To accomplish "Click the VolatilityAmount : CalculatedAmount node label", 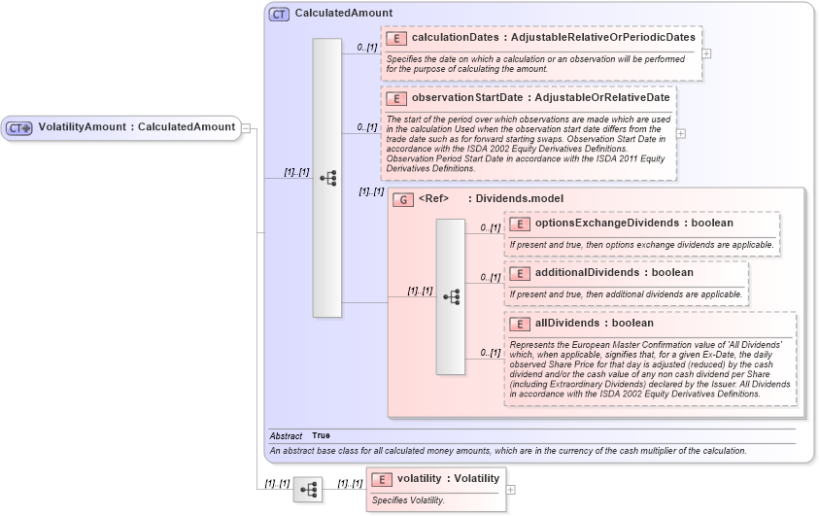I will click(136, 126).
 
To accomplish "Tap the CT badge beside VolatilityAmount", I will click(20, 127).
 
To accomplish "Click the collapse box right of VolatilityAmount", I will click(247, 127).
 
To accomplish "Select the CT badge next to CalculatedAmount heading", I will click(280, 15).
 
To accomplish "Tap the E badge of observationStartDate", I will click(395, 98).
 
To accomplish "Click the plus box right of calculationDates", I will click(706, 53).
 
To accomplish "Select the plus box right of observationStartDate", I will click(681, 134).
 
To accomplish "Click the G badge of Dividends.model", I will click(403, 199).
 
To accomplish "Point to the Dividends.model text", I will click(519, 199).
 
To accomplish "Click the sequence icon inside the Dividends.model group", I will click(451, 296).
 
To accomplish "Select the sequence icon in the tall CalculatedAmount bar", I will click(327, 178).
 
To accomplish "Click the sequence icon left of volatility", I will click(308, 490).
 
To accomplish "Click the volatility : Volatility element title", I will click(448, 478).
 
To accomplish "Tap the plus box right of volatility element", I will click(510, 490).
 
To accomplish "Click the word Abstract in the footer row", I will click(286, 436).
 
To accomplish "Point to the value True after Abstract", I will click(321, 436).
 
